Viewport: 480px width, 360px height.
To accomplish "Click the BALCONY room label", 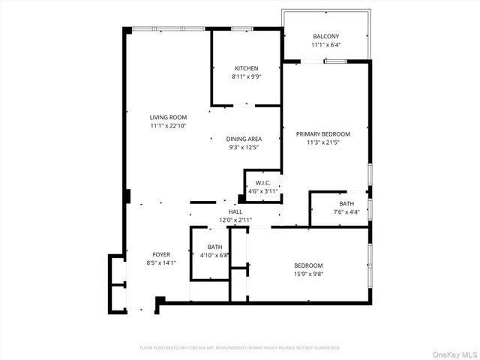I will click(x=326, y=37).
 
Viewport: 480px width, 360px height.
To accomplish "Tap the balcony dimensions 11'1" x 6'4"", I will click(x=326, y=45).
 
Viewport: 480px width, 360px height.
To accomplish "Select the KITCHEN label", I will click(x=247, y=68).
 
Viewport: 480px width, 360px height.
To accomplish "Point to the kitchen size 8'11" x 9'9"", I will click(x=247, y=76).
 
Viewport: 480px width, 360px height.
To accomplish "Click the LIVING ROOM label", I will click(x=168, y=117).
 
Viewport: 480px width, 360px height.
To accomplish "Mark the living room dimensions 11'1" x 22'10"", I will click(x=168, y=125).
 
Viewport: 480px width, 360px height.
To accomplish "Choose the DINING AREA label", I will click(x=244, y=139).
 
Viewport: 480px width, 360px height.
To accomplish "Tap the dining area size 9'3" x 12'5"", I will click(x=244, y=148).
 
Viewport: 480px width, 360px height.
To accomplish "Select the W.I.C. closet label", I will click(x=262, y=183).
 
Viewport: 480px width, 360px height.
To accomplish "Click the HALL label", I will click(x=235, y=212).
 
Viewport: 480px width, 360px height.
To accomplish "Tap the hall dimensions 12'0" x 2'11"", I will click(x=235, y=220).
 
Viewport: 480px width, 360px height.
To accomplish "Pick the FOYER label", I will click(x=162, y=254).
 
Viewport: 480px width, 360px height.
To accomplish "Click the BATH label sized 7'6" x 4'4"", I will click(x=346, y=203).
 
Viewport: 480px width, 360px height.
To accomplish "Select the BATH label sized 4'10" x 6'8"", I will click(x=214, y=247).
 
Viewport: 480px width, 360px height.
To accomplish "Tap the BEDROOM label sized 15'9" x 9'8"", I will click(x=308, y=265).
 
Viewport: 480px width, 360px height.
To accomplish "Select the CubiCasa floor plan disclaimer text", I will click(x=240, y=348).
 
